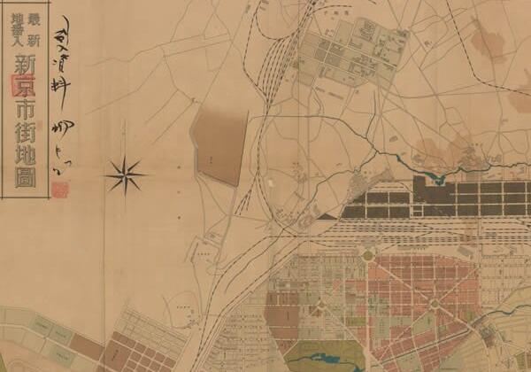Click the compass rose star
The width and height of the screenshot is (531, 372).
(x=126, y=174)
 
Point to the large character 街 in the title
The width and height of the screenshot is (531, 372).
(x=19, y=138)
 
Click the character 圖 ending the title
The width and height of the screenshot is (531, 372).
(x=19, y=189)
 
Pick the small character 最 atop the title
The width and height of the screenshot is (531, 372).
(x=35, y=17)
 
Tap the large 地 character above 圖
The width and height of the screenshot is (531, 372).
(x=19, y=164)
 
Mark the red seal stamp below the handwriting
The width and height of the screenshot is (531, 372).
(x=59, y=189)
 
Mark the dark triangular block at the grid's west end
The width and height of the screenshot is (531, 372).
(x=329, y=213)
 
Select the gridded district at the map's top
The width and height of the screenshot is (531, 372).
(x=345, y=51)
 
